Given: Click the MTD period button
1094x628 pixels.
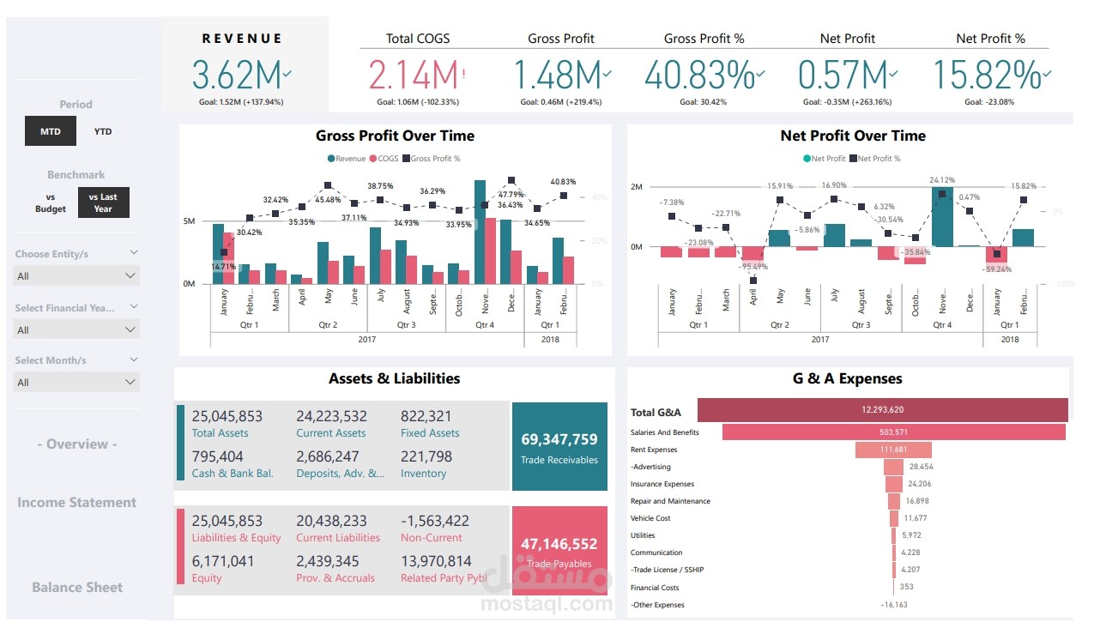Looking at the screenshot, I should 51,132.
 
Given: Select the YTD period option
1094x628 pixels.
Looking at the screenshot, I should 103,132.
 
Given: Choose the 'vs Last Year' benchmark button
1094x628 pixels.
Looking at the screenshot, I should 103,202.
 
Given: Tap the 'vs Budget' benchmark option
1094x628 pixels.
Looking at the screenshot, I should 51,202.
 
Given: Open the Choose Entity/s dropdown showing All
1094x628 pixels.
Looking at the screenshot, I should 76,275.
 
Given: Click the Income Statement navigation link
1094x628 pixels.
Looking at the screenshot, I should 77,503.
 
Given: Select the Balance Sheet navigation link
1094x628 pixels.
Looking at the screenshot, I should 77,588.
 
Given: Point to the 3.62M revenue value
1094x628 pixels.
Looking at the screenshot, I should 237,75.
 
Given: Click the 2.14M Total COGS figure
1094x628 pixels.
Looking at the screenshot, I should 414,75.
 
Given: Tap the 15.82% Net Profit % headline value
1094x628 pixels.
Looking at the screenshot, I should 986,75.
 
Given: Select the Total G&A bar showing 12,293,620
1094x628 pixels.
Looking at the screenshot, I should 883,410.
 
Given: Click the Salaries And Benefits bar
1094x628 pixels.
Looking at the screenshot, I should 893,432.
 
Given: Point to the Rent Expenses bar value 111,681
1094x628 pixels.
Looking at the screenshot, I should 893,450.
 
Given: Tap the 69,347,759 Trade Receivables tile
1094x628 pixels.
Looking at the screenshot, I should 559,446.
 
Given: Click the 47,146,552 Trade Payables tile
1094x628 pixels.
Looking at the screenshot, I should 559,550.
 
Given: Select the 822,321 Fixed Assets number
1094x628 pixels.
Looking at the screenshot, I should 426,416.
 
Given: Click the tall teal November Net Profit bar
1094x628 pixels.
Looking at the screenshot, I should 942,217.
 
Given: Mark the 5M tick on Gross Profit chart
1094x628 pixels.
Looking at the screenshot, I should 189,221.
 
